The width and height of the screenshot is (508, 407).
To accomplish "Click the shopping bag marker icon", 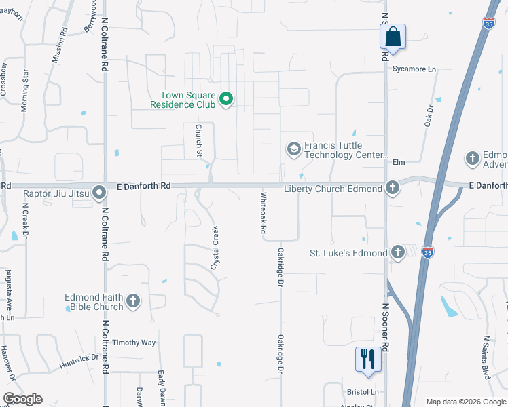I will pyautogui.click(x=393, y=36).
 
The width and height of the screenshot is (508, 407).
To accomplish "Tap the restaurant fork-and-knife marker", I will pyautogui.click(x=368, y=359).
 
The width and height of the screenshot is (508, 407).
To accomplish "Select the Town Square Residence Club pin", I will pyautogui.click(x=227, y=100).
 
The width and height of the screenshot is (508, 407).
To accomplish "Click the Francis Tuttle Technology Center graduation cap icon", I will pyautogui.click(x=293, y=149).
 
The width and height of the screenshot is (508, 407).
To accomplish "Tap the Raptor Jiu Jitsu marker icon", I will pyautogui.click(x=99, y=193).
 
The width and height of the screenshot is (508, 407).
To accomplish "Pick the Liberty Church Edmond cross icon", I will pyautogui.click(x=392, y=188).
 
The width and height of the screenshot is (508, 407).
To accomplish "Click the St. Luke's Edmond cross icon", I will pyautogui.click(x=398, y=254).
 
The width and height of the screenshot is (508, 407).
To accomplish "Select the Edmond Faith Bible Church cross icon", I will pyautogui.click(x=133, y=301).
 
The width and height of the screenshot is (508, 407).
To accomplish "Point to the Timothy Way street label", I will pyautogui.click(x=134, y=343).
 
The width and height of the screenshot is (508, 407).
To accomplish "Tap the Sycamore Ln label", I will pyautogui.click(x=414, y=69).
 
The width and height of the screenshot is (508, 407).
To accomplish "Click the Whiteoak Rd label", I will pyautogui.click(x=263, y=213).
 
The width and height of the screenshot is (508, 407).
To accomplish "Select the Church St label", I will pyautogui.click(x=200, y=140).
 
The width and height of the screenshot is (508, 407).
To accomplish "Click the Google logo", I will pyautogui.click(x=22, y=399).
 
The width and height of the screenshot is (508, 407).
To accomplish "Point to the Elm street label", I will pyautogui.click(x=399, y=162).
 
